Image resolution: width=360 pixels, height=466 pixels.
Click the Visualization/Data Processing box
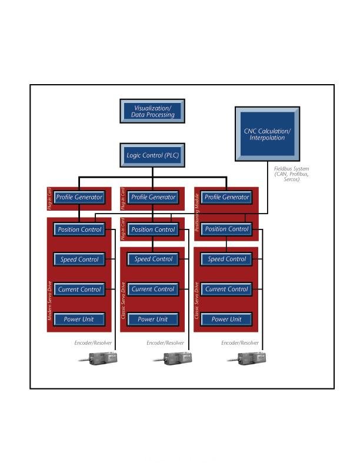(152, 111)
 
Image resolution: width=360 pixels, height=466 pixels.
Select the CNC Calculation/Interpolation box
(267, 134)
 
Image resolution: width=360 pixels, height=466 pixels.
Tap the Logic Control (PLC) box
(152, 156)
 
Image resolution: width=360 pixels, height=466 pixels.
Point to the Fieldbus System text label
(292, 169)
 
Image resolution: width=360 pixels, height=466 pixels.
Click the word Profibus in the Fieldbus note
(298, 174)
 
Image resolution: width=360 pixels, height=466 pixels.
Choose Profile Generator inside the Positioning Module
(226, 198)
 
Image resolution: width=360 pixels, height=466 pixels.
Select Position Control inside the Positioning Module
(226, 229)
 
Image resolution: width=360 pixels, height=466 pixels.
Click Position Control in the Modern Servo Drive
(79, 229)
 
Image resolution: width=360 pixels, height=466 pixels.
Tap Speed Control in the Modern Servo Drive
(79, 259)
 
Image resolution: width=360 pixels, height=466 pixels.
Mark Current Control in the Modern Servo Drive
(79, 289)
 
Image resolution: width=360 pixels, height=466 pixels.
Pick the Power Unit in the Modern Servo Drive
(79, 319)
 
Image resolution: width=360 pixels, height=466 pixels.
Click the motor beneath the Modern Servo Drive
(102, 358)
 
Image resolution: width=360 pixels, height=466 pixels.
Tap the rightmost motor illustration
(251, 358)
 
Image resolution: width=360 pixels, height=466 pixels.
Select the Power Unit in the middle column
(153, 319)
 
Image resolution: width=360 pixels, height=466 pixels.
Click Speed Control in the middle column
(153, 259)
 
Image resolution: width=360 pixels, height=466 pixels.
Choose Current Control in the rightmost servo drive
(226, 289)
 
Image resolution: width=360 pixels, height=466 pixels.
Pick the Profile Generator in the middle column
(153, 198)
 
